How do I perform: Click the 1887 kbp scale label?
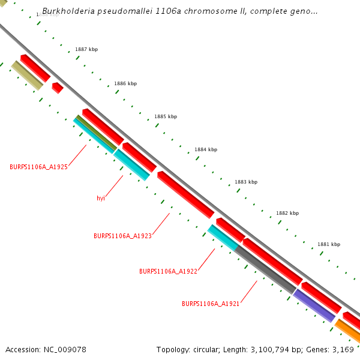coord(86,49)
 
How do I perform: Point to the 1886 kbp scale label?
coord(125,83)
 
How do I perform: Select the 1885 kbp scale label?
coord(166,116)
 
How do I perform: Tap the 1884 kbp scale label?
coord(206,149)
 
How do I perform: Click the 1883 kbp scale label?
coord(246,182)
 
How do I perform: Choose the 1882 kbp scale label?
coord(287,213)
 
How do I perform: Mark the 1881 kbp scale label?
coord(328,244)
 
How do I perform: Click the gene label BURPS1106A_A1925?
coord(38,167)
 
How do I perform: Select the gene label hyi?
coord(101,198)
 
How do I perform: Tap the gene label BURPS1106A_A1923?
coord(122,236)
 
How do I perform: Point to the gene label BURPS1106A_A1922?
coord(168,271)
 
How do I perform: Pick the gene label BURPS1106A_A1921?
coord(211,304)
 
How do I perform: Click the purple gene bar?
coord(314,305)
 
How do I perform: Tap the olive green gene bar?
coord(96,133)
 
